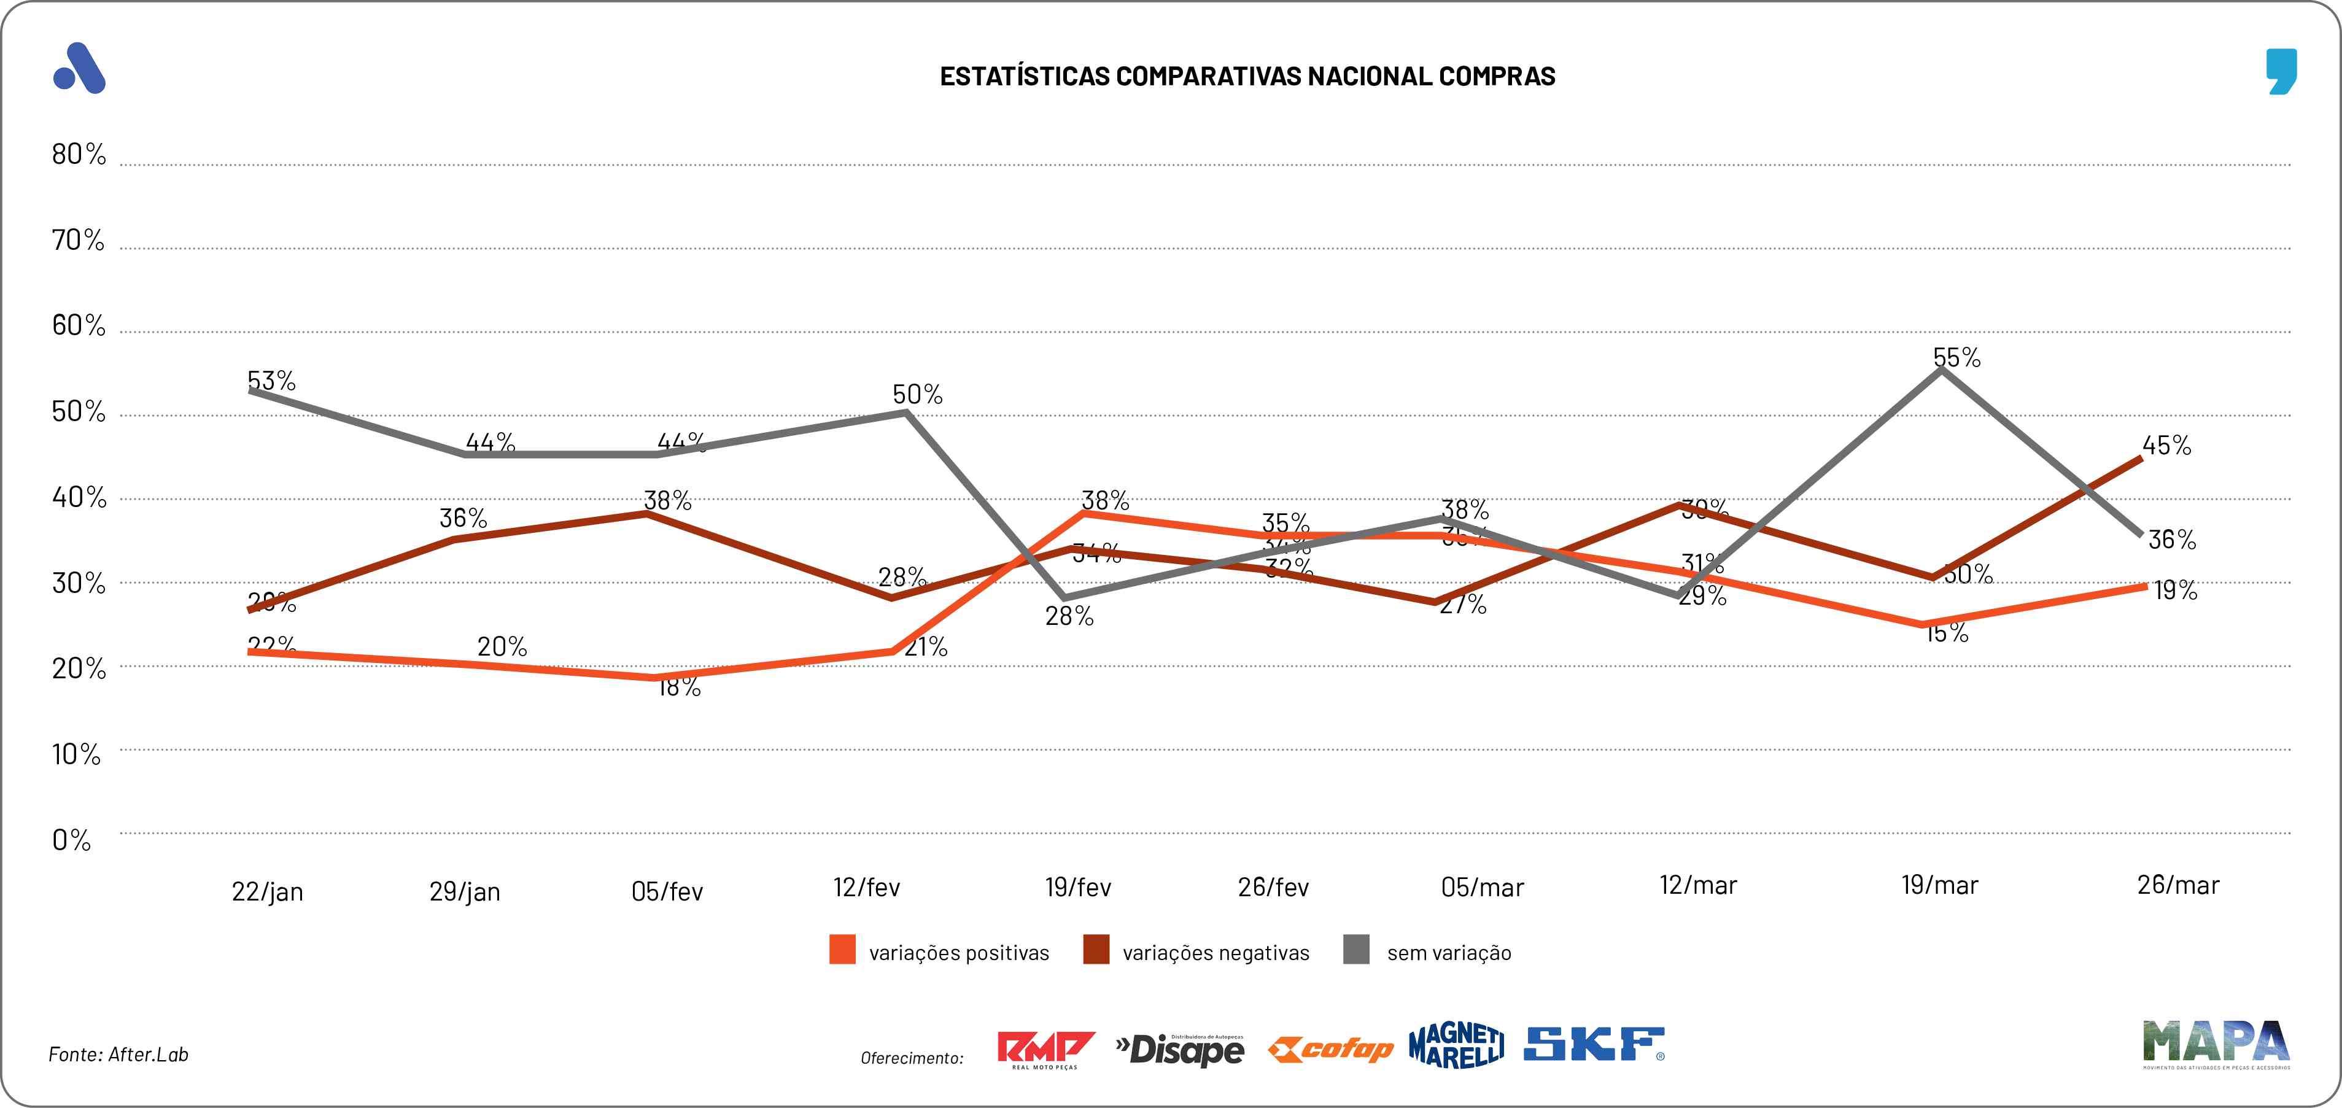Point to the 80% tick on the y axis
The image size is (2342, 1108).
(78, 155)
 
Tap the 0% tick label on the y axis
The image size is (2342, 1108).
(71, 840)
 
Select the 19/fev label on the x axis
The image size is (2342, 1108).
(1077, 887)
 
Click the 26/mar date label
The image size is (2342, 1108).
(2177, 885)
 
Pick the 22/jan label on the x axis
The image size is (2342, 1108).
(267, 892)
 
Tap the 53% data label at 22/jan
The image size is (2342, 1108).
(271, 381)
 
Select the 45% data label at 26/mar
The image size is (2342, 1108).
(2166, 446)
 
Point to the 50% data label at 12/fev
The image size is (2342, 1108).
(917, 395)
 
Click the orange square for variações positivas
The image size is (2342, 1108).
(842, 950)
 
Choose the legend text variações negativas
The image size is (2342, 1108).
(1216, 953)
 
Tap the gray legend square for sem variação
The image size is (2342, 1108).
(1355, 950)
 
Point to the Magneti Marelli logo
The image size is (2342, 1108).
(1456, 1045)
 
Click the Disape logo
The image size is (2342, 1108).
(1180, 1050)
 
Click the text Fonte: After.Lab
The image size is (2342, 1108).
(118, 1055)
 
